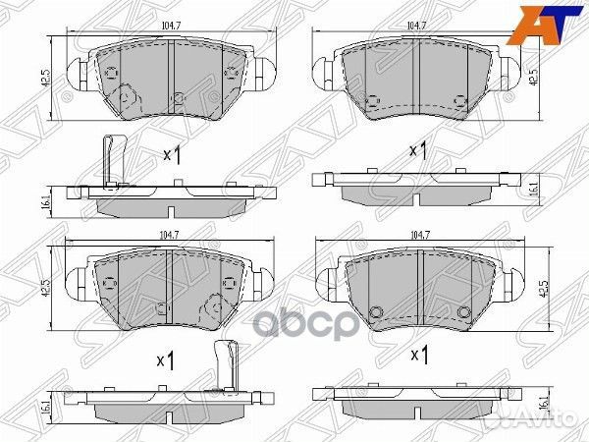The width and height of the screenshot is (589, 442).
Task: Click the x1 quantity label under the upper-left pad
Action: point(173,154)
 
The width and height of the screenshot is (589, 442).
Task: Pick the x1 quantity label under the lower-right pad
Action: point(419,354)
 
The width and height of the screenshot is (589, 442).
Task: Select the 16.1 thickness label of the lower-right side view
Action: point(544,402)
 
